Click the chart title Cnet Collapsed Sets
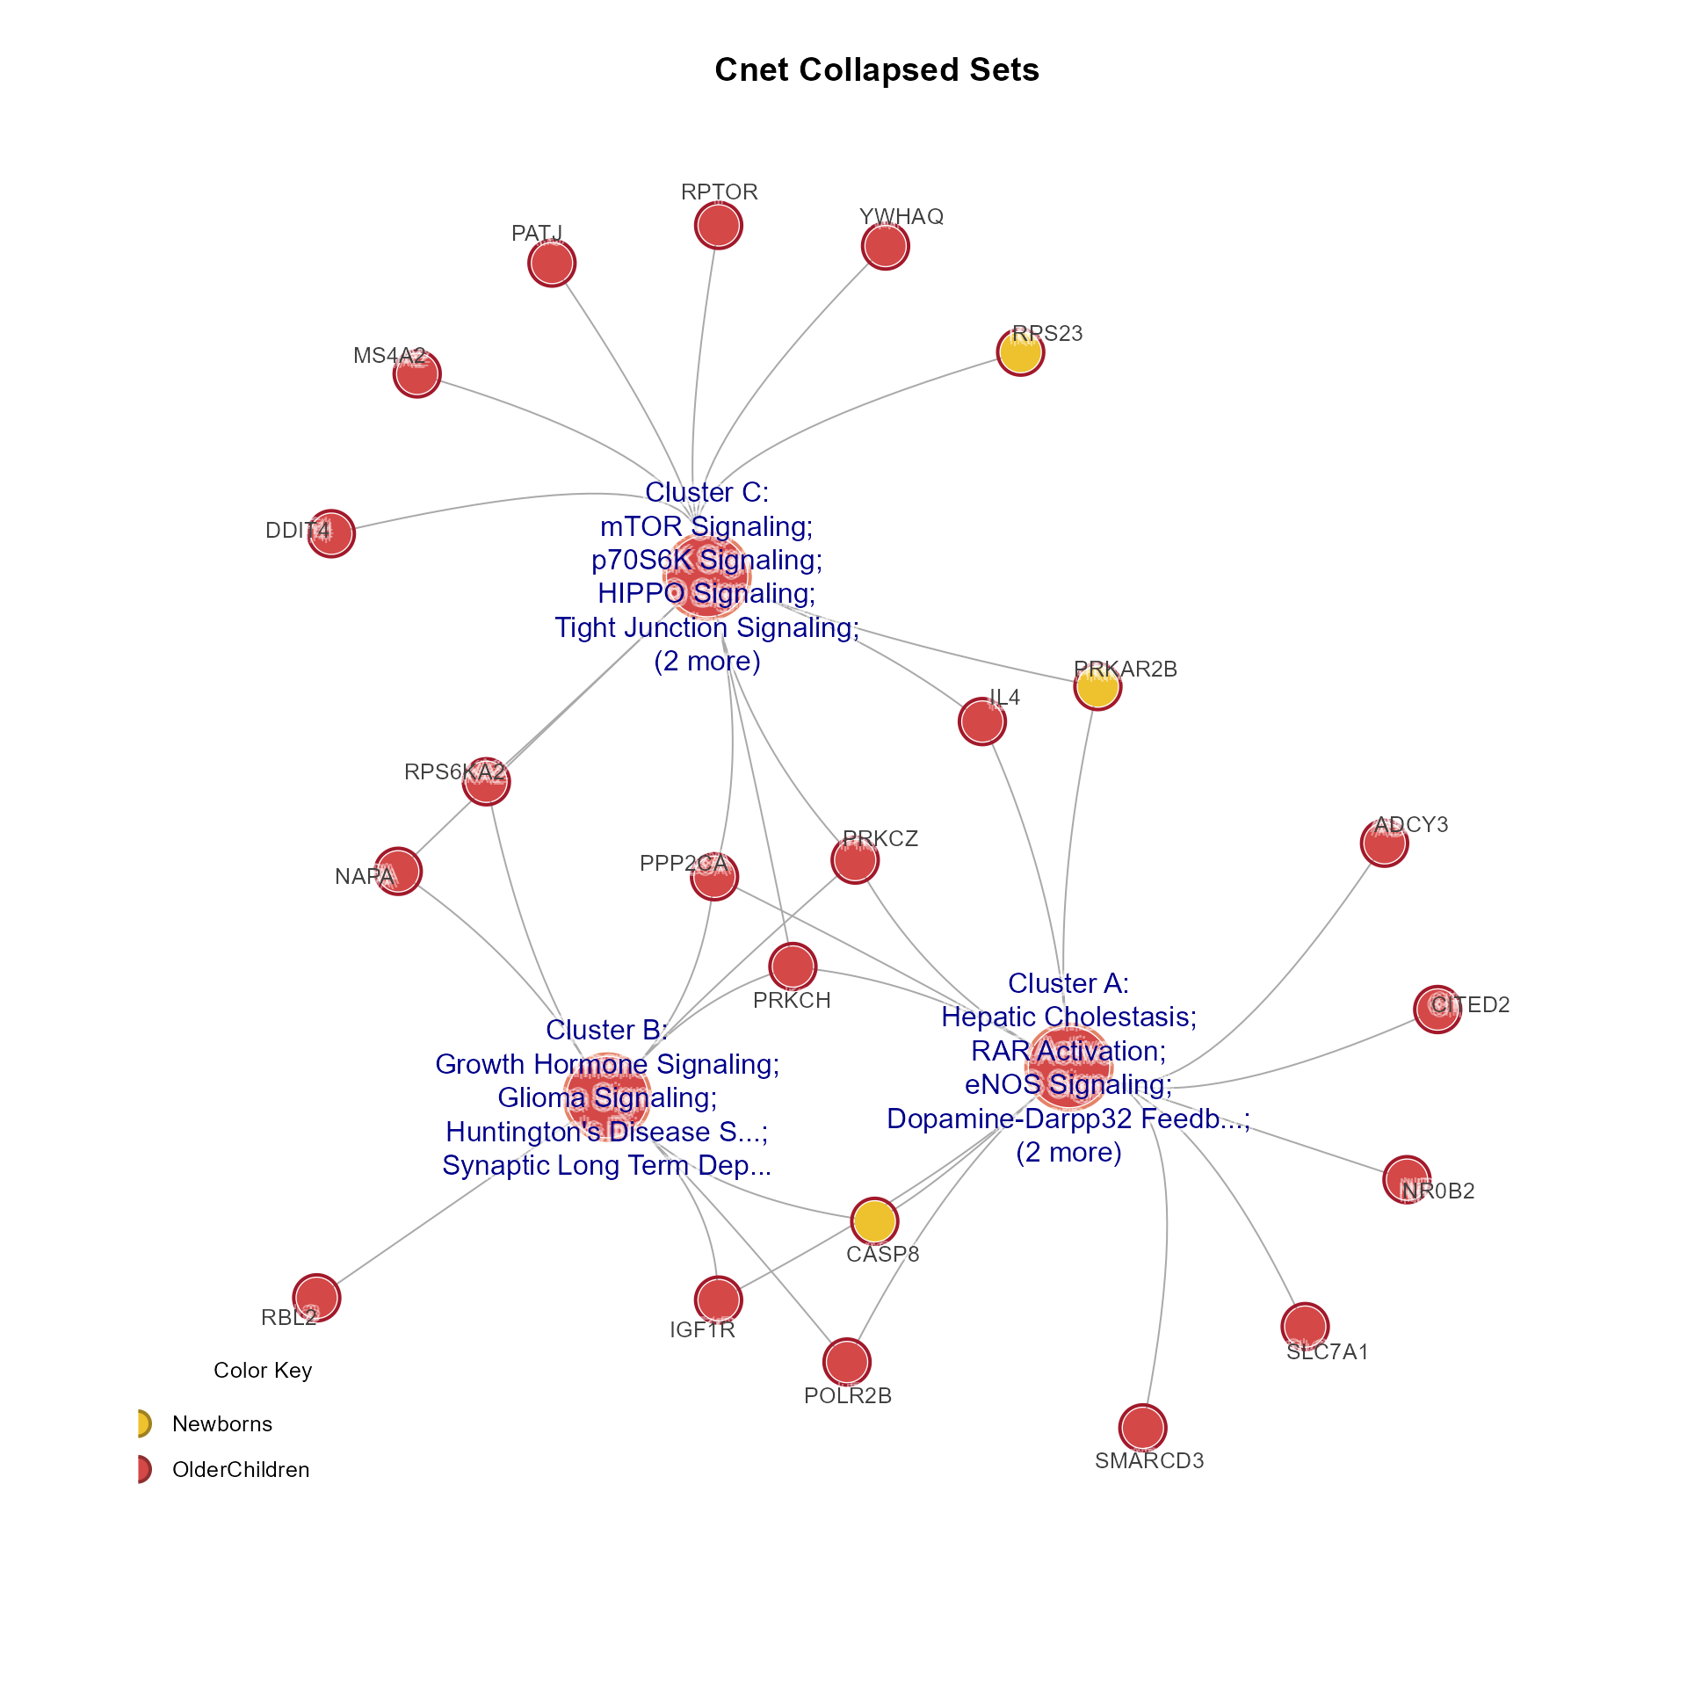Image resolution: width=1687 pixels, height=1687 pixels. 876,70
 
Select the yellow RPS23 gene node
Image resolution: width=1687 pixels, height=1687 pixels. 1020,352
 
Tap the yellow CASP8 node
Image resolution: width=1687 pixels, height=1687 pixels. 874,1220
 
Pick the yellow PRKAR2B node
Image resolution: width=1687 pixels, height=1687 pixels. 1097,686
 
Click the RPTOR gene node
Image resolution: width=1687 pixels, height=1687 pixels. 719,225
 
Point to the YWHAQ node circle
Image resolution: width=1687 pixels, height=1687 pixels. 885,246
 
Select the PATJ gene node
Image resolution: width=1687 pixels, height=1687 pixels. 552,263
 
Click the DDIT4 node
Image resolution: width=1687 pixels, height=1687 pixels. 331,533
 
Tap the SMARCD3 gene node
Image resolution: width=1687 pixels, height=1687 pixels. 1142,1427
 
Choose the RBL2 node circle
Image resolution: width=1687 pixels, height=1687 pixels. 316,1297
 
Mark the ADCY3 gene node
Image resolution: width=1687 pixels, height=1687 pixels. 1384,843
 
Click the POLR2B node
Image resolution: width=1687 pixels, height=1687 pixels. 847,1362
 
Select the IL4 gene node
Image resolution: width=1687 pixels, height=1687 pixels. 981,721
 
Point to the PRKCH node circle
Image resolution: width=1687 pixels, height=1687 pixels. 793,967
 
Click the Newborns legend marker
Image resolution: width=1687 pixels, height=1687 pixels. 142,1423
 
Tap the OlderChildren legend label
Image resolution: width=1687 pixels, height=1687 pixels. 241,1470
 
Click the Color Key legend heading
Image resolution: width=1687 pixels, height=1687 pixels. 263,1371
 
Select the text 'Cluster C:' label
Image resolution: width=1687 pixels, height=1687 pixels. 706,493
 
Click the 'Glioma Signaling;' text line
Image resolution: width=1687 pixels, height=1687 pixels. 607,1097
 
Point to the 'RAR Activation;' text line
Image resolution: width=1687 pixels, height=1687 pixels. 1068,1051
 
